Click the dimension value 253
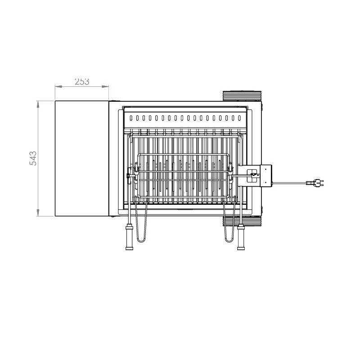point(82,81)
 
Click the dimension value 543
point(33,158)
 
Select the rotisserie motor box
point(265,176)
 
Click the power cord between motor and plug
point(289,183)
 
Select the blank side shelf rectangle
point(82,158)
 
